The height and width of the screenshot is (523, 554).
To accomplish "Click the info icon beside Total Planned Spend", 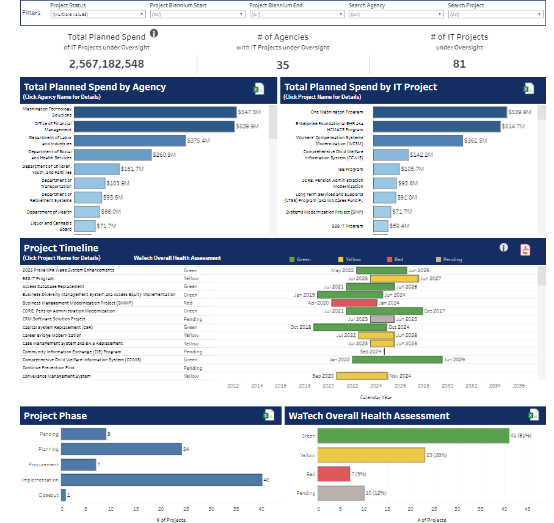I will [154, 34].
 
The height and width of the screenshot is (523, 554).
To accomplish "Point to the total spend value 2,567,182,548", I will [106, 64].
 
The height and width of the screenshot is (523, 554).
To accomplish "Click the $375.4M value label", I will [199, 140].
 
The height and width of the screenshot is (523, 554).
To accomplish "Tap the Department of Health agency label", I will [49, 212].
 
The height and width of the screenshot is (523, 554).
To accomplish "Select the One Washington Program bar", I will [440, 112].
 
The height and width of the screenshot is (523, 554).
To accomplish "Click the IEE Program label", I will [350, 169].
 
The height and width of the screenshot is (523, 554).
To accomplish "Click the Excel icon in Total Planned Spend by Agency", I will [258, 89].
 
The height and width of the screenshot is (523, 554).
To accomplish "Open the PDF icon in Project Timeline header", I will [525, 250].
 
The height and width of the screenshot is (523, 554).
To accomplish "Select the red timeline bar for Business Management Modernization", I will [354, 303].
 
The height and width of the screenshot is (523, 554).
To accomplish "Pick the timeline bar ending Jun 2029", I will [397, 360].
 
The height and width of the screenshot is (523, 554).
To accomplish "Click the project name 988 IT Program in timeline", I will [34, 278].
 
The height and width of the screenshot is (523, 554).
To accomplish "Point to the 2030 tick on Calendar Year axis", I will [447, 386].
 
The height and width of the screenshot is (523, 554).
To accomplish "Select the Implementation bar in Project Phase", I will [161, 480].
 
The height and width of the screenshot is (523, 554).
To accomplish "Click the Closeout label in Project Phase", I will [48, 495].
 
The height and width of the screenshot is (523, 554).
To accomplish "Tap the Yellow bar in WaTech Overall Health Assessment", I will [371, 455].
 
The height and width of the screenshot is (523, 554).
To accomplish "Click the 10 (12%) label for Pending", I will [376, 493].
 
